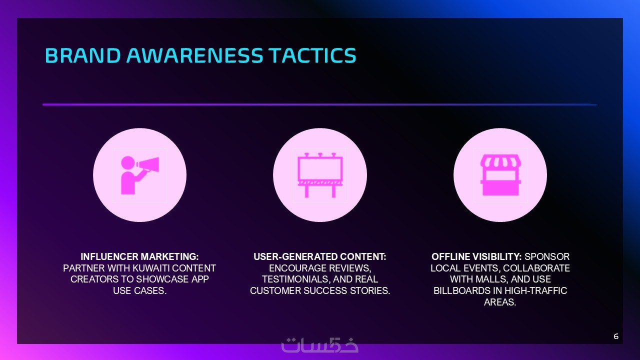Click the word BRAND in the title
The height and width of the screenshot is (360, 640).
pos(83,55)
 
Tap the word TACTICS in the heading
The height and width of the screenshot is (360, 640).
pos(312,55)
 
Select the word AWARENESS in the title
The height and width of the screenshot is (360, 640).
pos(194,55)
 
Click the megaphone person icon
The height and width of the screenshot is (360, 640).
pos(139,175)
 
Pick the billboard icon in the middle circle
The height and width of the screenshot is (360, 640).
pos(320,175)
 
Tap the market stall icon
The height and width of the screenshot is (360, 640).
pos(500,175)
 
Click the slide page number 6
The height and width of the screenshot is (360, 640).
pos(616,336)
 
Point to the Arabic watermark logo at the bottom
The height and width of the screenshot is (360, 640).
pos(319,345)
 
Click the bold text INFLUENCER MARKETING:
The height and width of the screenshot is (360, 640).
pos(139,256)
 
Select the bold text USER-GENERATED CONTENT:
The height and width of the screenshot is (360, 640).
pos(319,256)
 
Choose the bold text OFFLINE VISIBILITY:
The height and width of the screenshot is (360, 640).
pos(476,256)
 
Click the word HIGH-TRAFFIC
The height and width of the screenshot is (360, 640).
pos(535,290)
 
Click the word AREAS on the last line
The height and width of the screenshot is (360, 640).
pos(500,302)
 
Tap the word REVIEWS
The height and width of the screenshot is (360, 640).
pos(349,268)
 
